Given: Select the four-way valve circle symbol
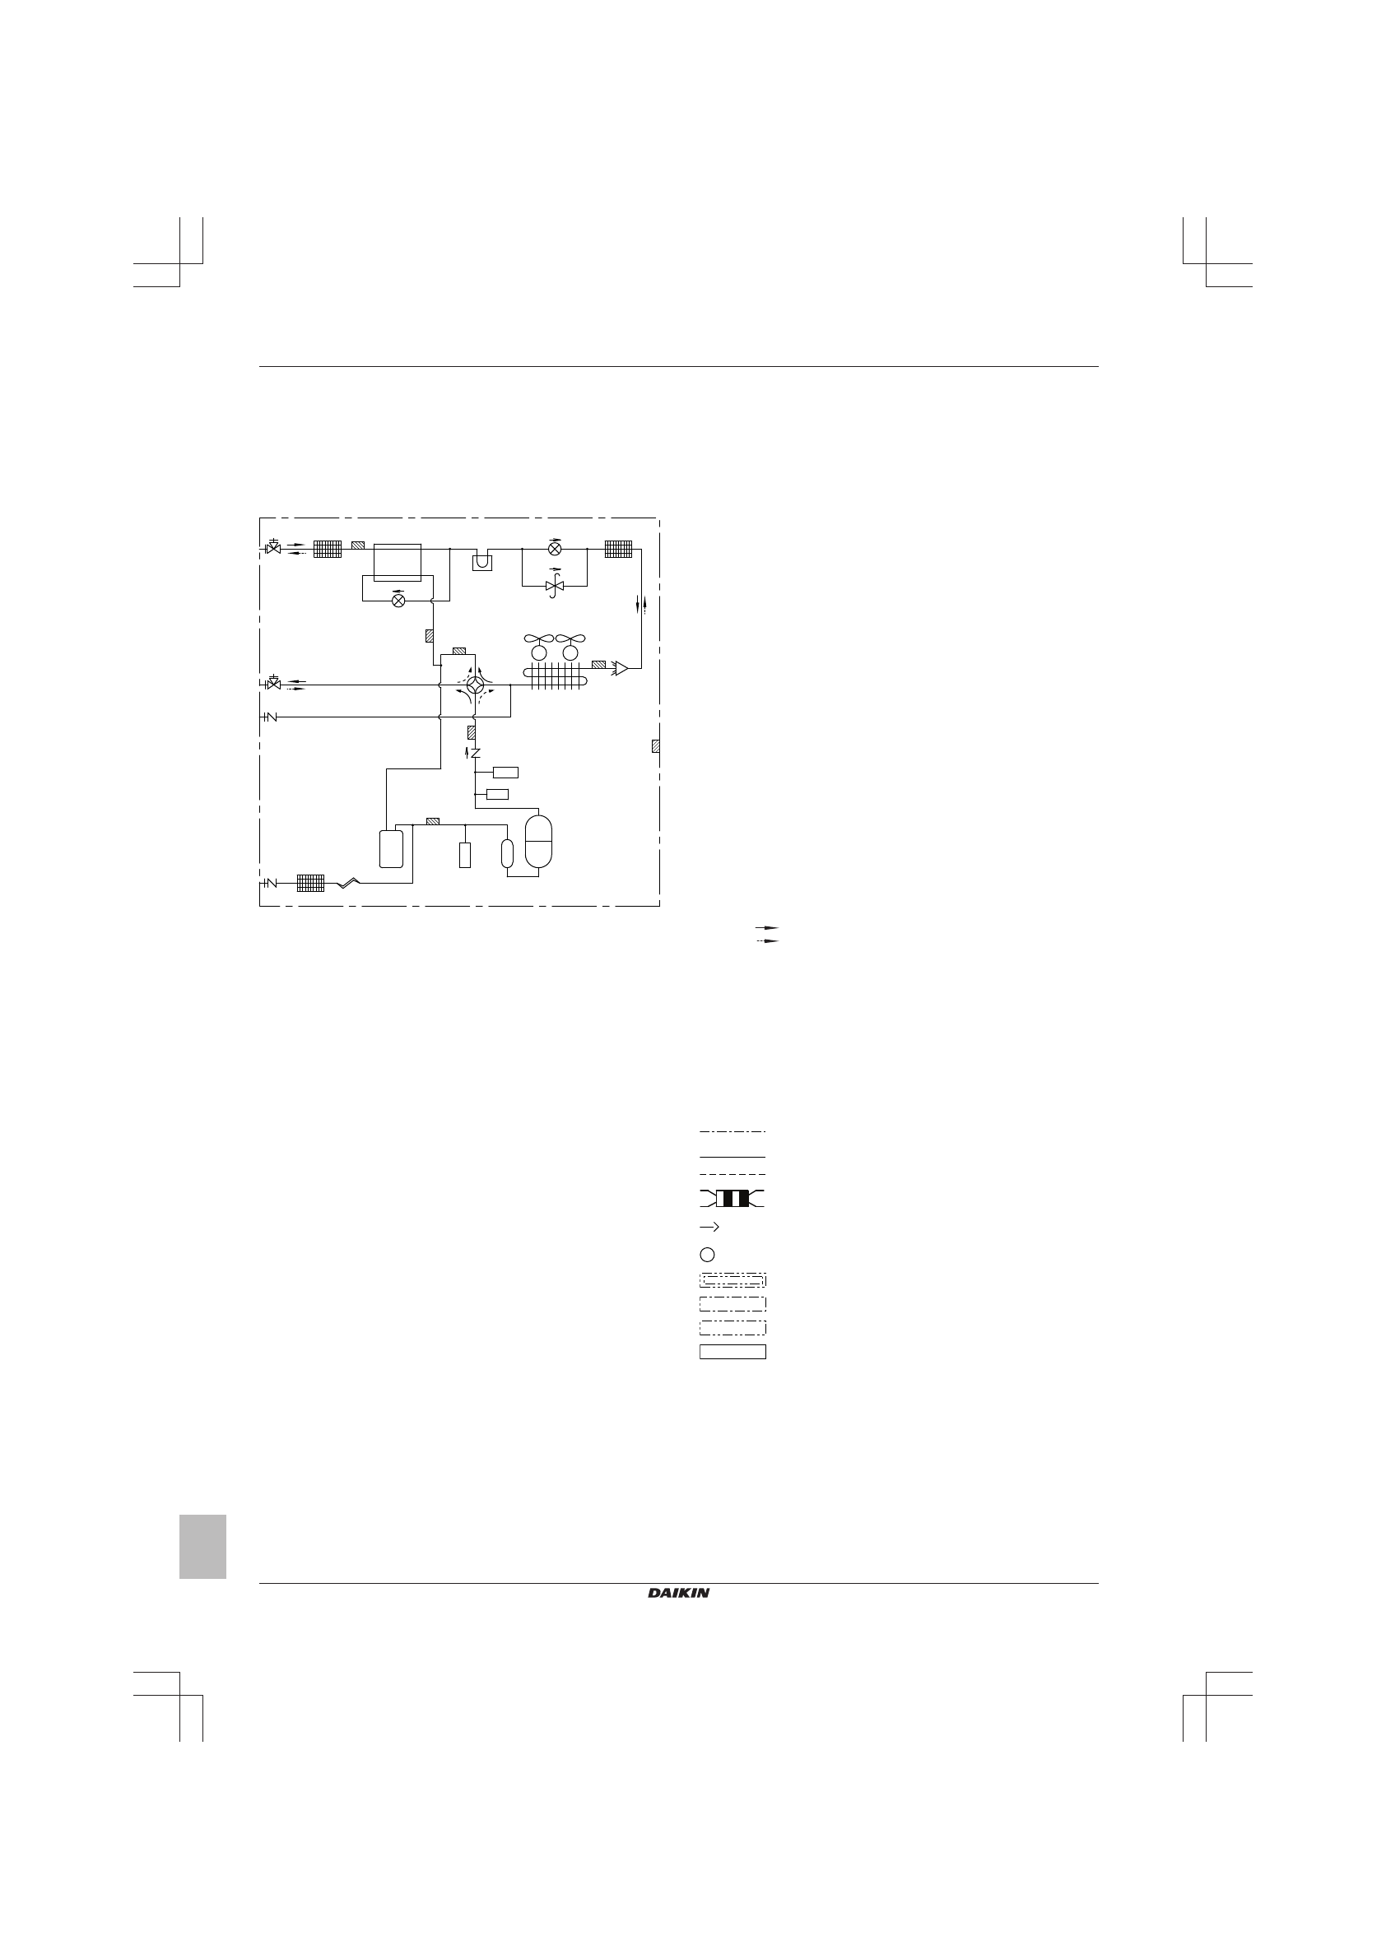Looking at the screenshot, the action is [476, 685].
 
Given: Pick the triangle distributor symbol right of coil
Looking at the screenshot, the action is [621, 668].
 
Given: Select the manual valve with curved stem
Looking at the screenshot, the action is [554, 585].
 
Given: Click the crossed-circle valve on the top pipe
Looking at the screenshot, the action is [555, 549].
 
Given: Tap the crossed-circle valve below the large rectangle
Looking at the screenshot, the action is [398, 600].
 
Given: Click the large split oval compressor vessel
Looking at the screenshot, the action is [539, 843].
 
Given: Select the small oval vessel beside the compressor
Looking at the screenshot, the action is [508, 853].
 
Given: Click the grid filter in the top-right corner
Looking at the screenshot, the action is [619, 549].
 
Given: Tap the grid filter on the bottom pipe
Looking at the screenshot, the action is [310, 883].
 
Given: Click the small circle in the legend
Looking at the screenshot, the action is [707, 1254].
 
